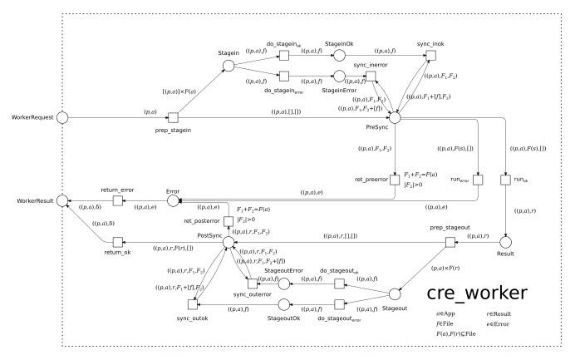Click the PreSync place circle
click(396, 118)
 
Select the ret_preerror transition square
click(396, 180)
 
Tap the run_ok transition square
click(504, 180)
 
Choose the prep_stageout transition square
click(450, 242)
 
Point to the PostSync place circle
click(228, 241)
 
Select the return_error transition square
click(117, 202)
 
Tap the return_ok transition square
click(117, 241)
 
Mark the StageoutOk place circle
click(283, 304)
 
